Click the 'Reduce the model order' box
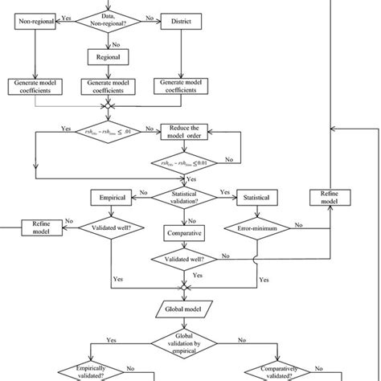pyautogui.click(x=184, y=132)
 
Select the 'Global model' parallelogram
pyautogui.click(x=183, y=309)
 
